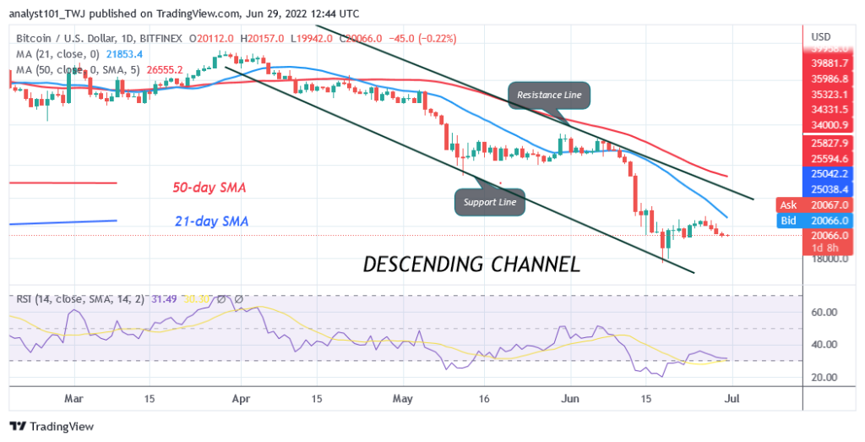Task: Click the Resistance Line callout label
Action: tap(548, 95)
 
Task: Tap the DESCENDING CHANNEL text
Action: tap(471, 264)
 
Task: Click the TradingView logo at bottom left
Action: tap(52, 427)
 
